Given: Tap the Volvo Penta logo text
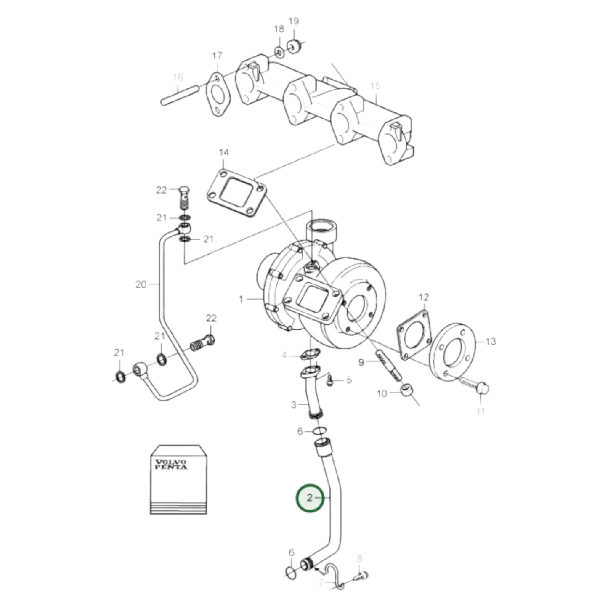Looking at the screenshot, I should [171, 465].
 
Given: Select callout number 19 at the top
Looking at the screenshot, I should [293, 21].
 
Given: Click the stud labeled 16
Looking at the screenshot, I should [180, 96].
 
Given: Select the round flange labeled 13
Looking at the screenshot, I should [454, 352].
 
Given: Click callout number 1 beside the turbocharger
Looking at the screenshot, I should [241, 299].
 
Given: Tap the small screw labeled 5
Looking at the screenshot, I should [331, 380].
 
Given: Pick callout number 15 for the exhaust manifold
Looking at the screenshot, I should [375, 86].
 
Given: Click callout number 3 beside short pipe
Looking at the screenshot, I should [294, 405].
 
